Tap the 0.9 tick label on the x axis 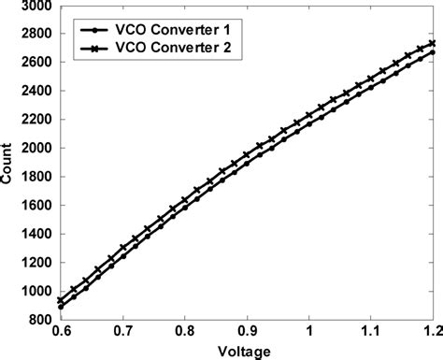(x=248, y=332)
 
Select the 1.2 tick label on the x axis (x=432, y=332)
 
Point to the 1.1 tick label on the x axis (x=372, y=332)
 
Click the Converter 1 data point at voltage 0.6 (x=61, y=307)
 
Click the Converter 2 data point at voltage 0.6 (x=61, y=300)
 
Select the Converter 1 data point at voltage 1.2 (x=432, y=52)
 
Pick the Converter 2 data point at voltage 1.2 (x=432, y=43)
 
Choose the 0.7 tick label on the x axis (x=122, y=332)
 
